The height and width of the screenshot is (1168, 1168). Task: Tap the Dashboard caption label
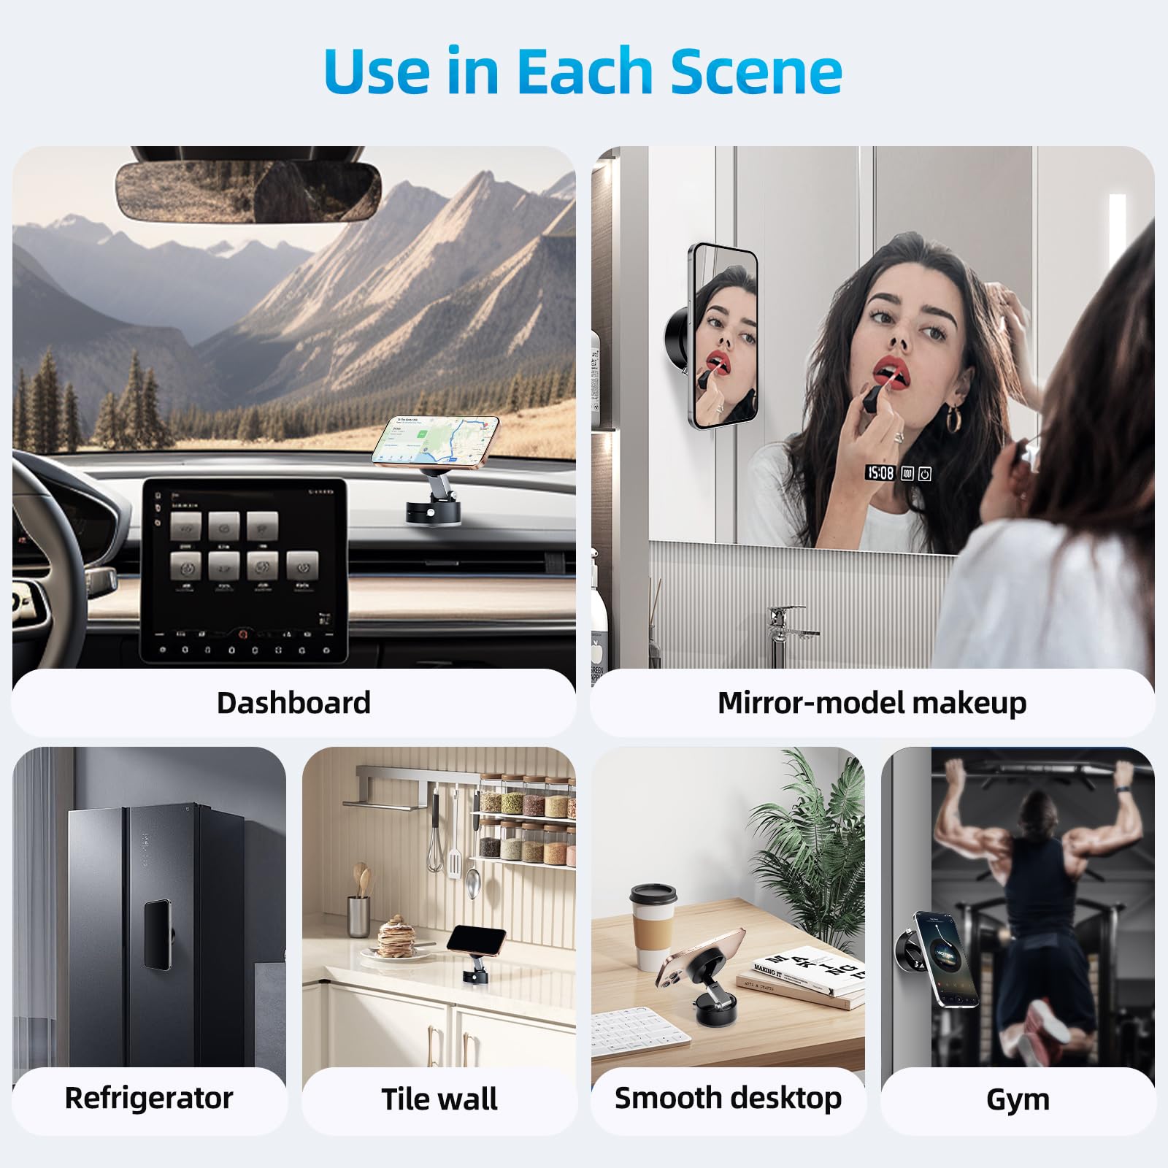click(293, 703)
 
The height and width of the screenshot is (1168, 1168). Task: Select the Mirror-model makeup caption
click(872, 703)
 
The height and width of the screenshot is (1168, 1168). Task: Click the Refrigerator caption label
click(149, 1098)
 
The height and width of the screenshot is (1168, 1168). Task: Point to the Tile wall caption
click(439, 1099)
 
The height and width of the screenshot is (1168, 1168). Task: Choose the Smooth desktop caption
click(728, 1098)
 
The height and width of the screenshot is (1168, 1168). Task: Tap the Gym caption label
click(1017, 1099)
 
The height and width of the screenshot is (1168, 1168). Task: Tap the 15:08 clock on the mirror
click(880, 473)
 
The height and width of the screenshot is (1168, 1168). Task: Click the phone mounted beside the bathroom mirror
click(723, 336)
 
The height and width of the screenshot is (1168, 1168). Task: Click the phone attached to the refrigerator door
click(157, 934)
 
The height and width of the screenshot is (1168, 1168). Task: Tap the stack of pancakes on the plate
click(398, 938)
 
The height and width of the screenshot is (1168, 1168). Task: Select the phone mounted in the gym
click(945, 958)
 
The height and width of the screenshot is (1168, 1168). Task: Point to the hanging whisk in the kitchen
click(435, 839)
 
